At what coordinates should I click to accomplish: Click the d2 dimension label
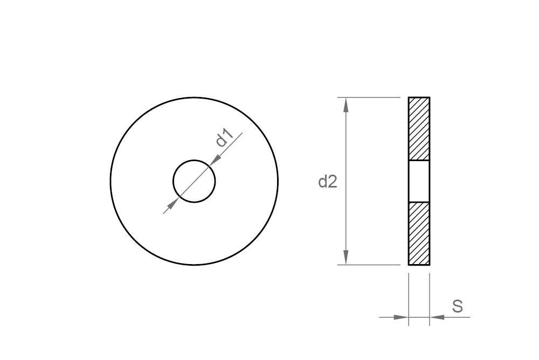[327, 182]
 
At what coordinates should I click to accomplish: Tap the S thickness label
[457, 307]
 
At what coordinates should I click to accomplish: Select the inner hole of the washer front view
[194, 181]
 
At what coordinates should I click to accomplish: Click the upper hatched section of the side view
[419, 128]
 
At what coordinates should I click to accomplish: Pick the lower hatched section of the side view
[419, 233]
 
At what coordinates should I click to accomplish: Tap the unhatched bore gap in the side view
[419, 181]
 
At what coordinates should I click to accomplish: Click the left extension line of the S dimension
[409, 296]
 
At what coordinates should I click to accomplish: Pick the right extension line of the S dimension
[430, 296]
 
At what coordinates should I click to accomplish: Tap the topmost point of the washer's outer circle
[194, 98]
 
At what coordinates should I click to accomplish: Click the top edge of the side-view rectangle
[419, 98]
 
